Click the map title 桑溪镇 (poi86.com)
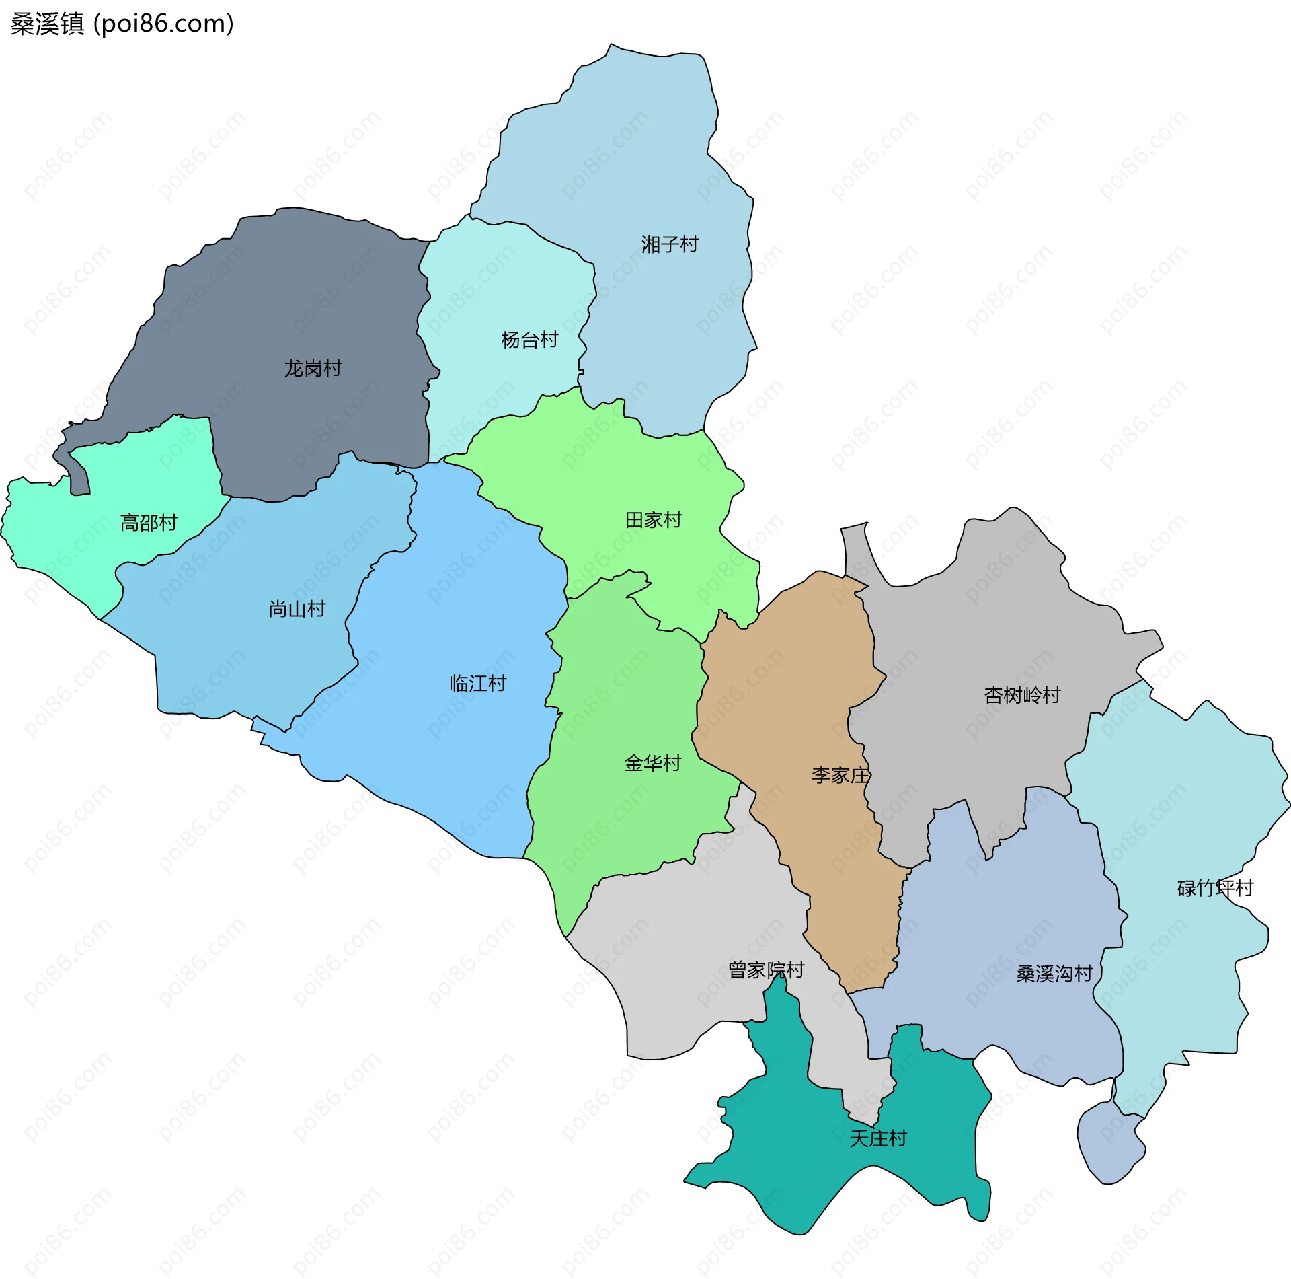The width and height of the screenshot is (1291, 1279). click(122, 24)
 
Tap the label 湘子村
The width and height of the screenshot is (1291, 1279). click(670, 244)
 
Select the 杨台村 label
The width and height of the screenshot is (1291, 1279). click(530, 340)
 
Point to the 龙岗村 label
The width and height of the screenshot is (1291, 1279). click(313, 368)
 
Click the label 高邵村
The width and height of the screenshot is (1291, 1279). click(149, 523)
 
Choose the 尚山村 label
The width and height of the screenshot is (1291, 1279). click(297, 609)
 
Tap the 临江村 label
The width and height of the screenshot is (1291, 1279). click(478, 684)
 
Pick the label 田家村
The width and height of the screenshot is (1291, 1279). click(654, 520)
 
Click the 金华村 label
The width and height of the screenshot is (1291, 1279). click(653, 763)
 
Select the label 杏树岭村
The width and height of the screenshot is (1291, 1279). click(1022, 695)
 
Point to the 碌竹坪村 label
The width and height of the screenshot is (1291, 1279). click(1215, 888)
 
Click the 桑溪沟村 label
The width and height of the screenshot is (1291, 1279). click(1054, 974)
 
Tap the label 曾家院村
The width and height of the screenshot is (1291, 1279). click(767, 970)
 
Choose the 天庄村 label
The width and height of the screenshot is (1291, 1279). click(878, 1138)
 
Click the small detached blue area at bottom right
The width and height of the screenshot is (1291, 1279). click(1109, 1144)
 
